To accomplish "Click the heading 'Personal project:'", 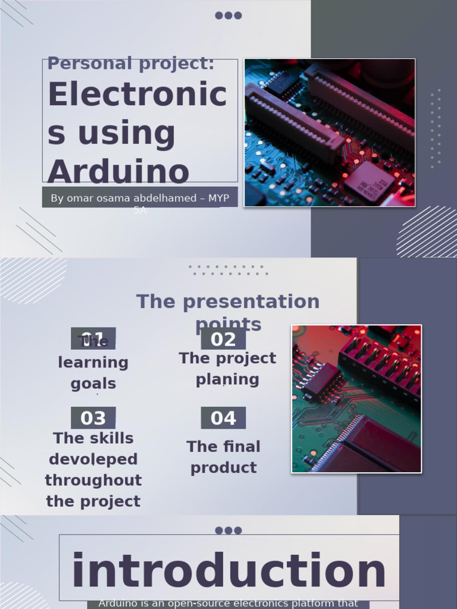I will click(x=130, y=63).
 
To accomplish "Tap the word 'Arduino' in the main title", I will click(x=118, y=172).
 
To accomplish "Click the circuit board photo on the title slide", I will click(x=330, y=132).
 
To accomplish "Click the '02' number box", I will click(x=223, y=339).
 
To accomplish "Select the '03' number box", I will click(x=93, y=418).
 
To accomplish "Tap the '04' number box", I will click(x=223, y=418).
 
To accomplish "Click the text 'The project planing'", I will click(x=227, y=369).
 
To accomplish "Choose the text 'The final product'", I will click(x=223, y=457).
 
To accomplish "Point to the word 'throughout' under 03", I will click(x=93, y=480).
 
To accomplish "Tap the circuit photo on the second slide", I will click(x=356, y=398).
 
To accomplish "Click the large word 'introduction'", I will click(x=229, y=571).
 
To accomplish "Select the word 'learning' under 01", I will click(x=93, y=362).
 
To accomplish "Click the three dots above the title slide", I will click(x=228, y=15).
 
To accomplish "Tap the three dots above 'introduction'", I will click(x=228, y=530).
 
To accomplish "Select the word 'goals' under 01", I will click(x=93, y=384).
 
